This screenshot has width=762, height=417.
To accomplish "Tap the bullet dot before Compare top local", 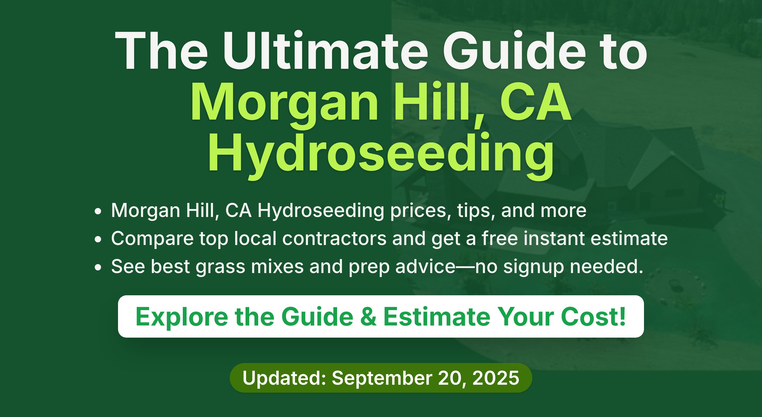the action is [98, 239].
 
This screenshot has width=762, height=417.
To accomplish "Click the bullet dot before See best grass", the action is [98, 267].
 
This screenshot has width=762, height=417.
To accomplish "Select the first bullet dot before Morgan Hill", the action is [98, 211].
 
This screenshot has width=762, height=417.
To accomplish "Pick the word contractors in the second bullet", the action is [334, 238].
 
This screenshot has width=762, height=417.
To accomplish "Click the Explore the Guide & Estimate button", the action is [381, 316].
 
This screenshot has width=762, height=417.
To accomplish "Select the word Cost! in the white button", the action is [593, 316].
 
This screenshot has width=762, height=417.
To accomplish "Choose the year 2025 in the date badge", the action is [496, 378].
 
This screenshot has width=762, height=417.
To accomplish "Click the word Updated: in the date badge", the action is [284, 378].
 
